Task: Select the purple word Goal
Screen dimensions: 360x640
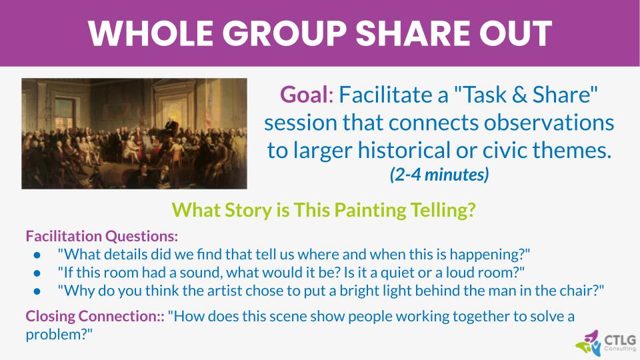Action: click(x=304, y=95)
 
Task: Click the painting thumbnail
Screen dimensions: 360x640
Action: click(x=134, y=133)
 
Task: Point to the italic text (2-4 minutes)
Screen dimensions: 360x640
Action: click(x=439, y=175)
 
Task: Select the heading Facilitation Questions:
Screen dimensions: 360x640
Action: click(x=102, y=236)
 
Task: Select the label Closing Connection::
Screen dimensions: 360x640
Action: click(x=95, y=315)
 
